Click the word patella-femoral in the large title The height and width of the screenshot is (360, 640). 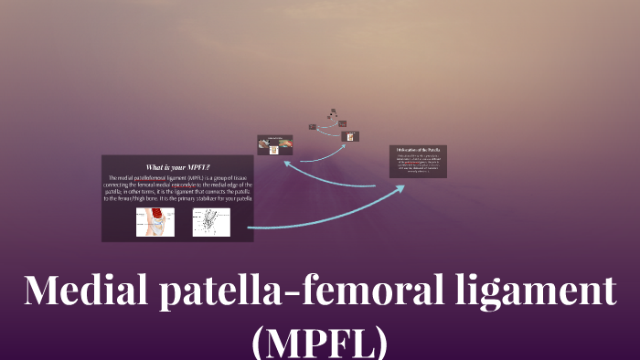(297, 291)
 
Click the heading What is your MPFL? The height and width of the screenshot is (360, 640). (178, 167)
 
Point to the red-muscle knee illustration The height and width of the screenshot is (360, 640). (155, 222)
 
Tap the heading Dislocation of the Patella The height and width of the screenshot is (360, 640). (417, 149)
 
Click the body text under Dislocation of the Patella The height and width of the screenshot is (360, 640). (417, 164)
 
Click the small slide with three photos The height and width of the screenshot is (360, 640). (274, 144)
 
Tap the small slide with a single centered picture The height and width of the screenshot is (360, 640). (349, 136)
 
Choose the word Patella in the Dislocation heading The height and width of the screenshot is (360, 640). (435, 149)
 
